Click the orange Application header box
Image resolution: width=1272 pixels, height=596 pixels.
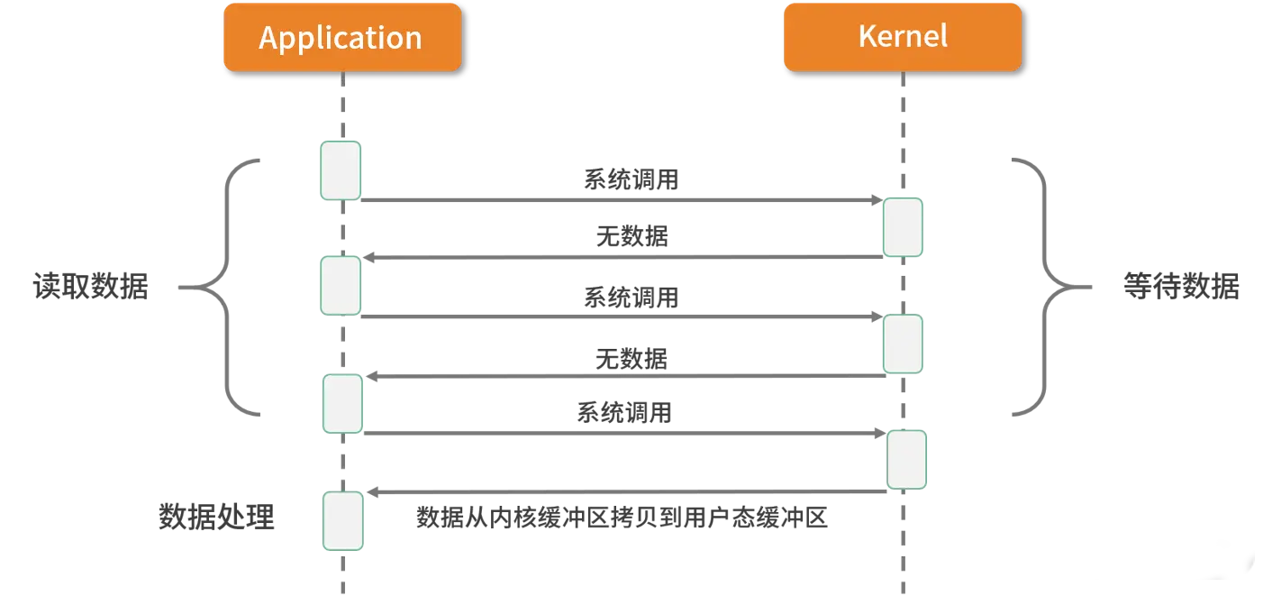(x=341, y=37)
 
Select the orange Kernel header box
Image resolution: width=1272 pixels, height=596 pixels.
(x=902, y=36)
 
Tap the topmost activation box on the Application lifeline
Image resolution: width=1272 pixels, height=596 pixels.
(x=340, y=170)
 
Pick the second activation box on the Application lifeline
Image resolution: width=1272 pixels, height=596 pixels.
(x=340, y=286)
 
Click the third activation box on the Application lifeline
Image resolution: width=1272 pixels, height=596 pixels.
(x=342, y=404)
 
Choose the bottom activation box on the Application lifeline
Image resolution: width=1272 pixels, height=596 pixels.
(x=342, y=521)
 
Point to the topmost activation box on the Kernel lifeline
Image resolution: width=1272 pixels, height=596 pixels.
(x=903, y=227)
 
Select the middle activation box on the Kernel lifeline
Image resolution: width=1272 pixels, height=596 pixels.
(x=903, y=344)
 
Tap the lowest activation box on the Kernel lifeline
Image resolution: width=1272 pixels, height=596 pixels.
(x=906, y=460)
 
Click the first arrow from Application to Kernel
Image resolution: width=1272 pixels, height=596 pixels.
(x=622, y=202)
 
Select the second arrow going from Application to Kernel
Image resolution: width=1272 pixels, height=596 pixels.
(x=622, y=317)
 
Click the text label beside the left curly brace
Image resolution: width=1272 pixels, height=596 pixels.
(x=88, y=287)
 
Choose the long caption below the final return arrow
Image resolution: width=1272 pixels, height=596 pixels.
(x=619, y=520)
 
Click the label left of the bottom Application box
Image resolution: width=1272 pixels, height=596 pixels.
(x=219, y=515)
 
